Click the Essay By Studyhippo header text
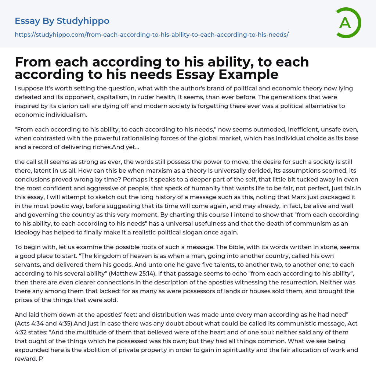(x=62, y=21)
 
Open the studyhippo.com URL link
(x=152, y=35)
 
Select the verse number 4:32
(x=22, y=332)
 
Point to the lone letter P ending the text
(x=41, y=358)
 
